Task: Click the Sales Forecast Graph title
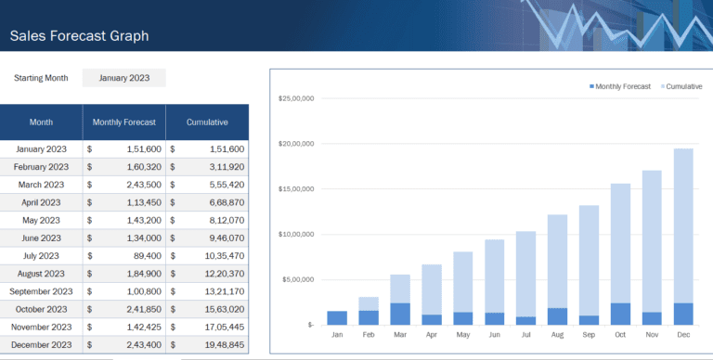(x=79, y=36)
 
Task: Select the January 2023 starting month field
(x=124, y=78)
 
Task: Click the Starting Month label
(x=41, y=78)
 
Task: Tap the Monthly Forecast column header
(x=123, y=122)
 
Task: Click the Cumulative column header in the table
(x=207, y=122)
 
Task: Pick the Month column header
(x=41, y=122)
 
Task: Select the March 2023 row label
(x=41, y=185)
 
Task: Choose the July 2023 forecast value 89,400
(x=145, y=255)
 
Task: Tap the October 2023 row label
(x=41, y=309)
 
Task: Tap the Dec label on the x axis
(x=683, y=335)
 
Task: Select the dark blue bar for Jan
(x=337, y=317)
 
